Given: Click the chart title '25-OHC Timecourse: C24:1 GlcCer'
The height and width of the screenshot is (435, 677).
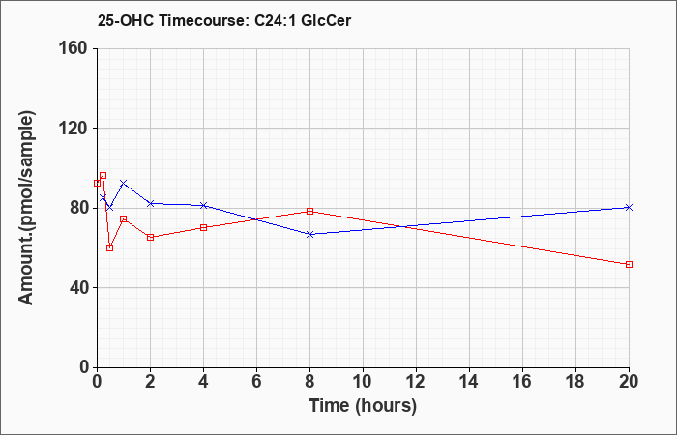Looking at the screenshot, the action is [224, 20].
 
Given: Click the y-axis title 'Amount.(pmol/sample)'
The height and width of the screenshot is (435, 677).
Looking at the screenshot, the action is [26, 208].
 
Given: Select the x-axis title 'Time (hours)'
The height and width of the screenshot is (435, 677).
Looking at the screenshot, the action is [363, 406].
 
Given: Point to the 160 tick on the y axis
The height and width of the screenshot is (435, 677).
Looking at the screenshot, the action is [76, 48].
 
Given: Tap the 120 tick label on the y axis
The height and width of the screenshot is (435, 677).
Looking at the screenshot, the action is [76, 129].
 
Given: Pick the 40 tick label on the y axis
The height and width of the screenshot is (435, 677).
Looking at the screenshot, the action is [80, 288].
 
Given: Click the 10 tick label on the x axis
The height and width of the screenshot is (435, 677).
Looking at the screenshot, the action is [363, 382].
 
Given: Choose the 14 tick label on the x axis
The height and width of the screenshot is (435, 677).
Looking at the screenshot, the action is [469, 382].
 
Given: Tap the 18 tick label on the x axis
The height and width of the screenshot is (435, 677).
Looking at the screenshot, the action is [575, 382].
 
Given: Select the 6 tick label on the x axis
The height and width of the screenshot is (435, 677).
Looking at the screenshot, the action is [256, 382].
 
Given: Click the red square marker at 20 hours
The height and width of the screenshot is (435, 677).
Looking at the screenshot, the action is [629, 264].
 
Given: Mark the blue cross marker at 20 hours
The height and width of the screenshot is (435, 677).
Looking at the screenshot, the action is [629, 207].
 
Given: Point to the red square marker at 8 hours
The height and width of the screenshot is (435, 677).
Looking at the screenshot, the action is [309, 211].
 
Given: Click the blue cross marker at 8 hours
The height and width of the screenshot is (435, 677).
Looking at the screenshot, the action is [309, 234].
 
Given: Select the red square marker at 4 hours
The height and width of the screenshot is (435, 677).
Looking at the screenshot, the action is [203, 227].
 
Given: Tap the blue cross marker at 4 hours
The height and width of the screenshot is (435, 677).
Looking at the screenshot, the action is [203, 205].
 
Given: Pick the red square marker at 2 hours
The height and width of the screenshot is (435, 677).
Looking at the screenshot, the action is [150, 238].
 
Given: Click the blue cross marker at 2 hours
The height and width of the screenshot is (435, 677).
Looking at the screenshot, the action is [150, 203].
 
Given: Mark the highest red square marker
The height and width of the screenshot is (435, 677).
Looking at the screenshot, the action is [103, 176].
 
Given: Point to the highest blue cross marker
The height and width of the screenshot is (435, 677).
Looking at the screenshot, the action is [124, 183].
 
